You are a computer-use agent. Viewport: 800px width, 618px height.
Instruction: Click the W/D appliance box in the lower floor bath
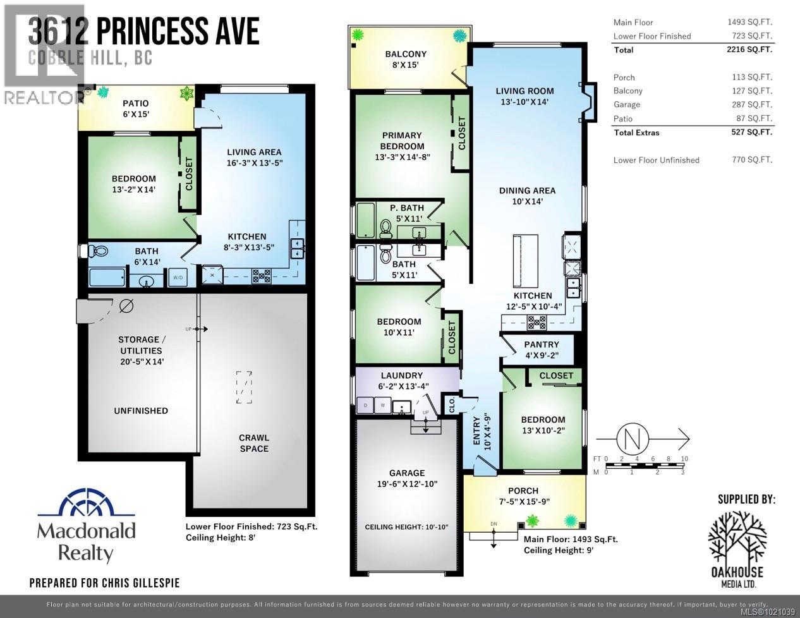pyautogui.click(x=178, y=277)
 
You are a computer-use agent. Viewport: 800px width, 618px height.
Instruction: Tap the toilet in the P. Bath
pyautogui.click(x=386, y=227)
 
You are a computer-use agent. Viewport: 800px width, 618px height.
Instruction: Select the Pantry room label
pyautogui.click(x=542, y=344)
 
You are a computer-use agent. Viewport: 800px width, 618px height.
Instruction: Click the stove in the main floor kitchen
pyautogui.click(x=537, y=323)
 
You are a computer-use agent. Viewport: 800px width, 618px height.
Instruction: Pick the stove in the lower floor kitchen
pyautogui.click(x=262, y=276)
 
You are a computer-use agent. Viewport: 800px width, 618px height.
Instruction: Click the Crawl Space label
pyautogui.click(x=254, y=443)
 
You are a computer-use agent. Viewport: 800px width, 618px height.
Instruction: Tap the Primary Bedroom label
pyautogui.click(x=402, y=140)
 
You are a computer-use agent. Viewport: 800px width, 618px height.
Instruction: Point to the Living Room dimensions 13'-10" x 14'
pyautogui.click(x=524, y=102)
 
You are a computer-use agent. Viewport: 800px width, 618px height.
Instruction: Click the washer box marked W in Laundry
pyautogui.click(x=382, y=405)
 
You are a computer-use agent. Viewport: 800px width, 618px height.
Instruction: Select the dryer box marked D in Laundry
pyautogui.click(x=366, y=405)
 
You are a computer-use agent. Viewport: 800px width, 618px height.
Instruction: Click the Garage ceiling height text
pyautogui.click(x=406, y=526)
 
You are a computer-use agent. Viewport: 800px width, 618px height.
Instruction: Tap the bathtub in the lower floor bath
pyautogui.click(x=107, y=277)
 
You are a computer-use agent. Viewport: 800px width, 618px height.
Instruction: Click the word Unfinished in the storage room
pyautogui.click(x=141, y=411)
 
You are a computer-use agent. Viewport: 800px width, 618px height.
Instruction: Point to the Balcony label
pyautogui.click(x=406, y=54)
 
